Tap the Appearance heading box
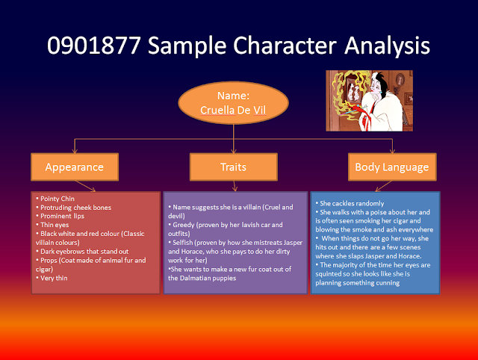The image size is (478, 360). (75, 166)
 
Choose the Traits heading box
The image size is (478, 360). (233, 166)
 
